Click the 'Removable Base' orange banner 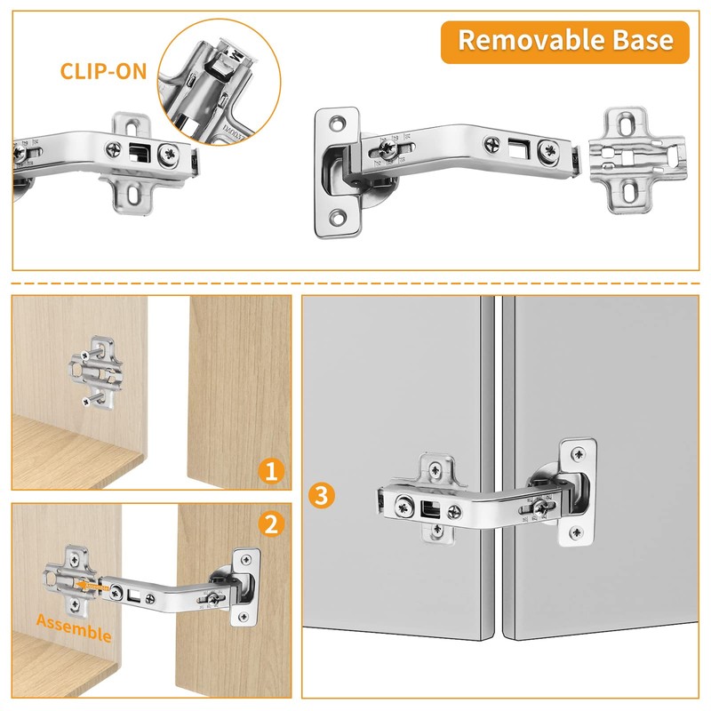tap(564, 41)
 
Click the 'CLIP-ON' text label tap(104, 70)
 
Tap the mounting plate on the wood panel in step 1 tap(97, 374)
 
